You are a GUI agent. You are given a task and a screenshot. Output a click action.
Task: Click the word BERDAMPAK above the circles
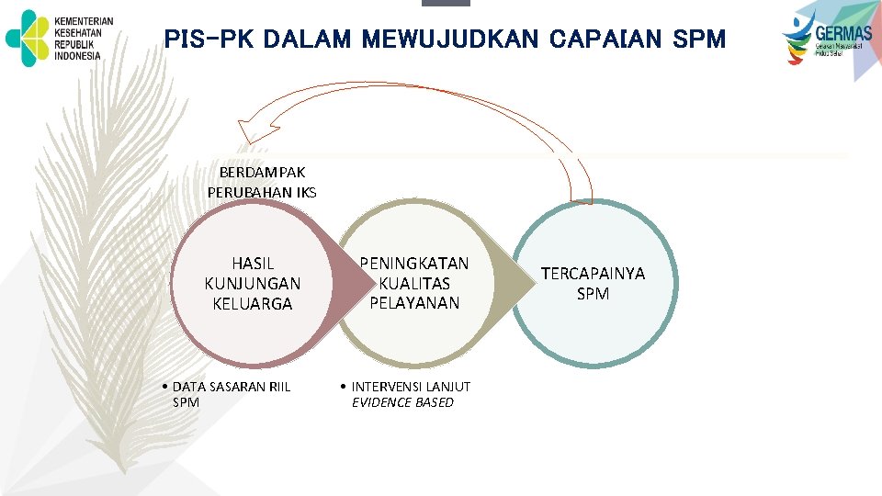point(263,172)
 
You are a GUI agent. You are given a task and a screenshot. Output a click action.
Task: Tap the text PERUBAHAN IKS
point(262,192)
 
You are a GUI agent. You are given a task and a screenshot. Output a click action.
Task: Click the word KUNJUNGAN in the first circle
point(253,284)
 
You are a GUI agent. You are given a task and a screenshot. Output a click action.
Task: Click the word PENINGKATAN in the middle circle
point(413,264)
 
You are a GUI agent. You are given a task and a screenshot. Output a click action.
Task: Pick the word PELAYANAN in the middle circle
point(414,302)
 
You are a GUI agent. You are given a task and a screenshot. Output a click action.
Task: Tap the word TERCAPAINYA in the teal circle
point(593,274)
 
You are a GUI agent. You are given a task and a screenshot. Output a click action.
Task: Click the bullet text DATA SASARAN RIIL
point(232,387)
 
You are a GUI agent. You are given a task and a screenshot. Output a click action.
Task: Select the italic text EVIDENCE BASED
point(402,402)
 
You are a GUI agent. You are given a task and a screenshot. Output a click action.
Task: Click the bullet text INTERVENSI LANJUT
point(411,387)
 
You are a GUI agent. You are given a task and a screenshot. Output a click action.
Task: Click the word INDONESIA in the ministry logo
point(78,55)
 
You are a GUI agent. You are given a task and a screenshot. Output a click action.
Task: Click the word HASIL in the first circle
point(253,264)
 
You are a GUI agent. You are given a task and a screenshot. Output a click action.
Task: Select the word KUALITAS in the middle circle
point(414,283)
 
